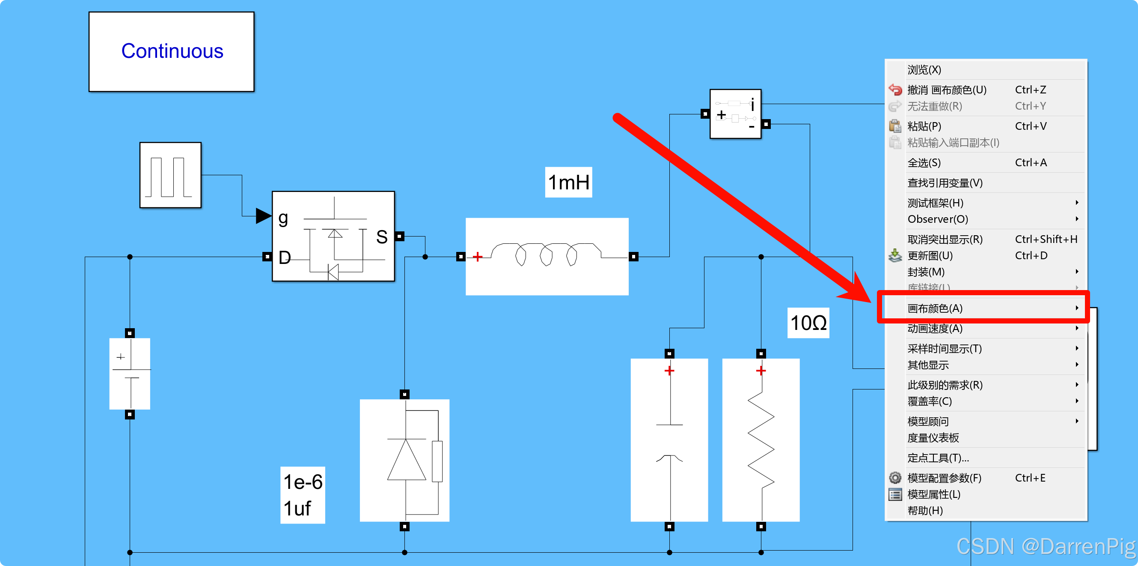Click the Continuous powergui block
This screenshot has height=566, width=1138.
pos(172,52)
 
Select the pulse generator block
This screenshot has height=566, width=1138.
pos(170,175)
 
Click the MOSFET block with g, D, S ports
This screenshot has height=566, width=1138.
pos(333,236)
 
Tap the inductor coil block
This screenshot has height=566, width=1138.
pos(547,256)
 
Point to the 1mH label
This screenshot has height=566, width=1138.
pos(568,182)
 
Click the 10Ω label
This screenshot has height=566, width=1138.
pos(808,323)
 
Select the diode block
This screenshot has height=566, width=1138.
pos(404,460)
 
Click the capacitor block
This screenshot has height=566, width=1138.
pos(669,440)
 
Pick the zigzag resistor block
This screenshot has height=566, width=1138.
pos(760,440)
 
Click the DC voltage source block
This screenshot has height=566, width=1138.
pos(129,374)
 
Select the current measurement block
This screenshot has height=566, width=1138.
pos(735,114)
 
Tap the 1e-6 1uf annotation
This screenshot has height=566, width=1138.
pos(303,495)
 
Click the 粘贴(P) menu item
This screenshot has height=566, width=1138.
pos(924,126)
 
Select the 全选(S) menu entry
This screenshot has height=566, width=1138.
pos(924,163)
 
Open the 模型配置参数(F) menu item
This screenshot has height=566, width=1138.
pos(944,478)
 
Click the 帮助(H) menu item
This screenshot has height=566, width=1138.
pos(925,511)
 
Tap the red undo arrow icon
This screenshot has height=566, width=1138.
pos(895,90)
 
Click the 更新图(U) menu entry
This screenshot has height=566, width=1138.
pos(930,256)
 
